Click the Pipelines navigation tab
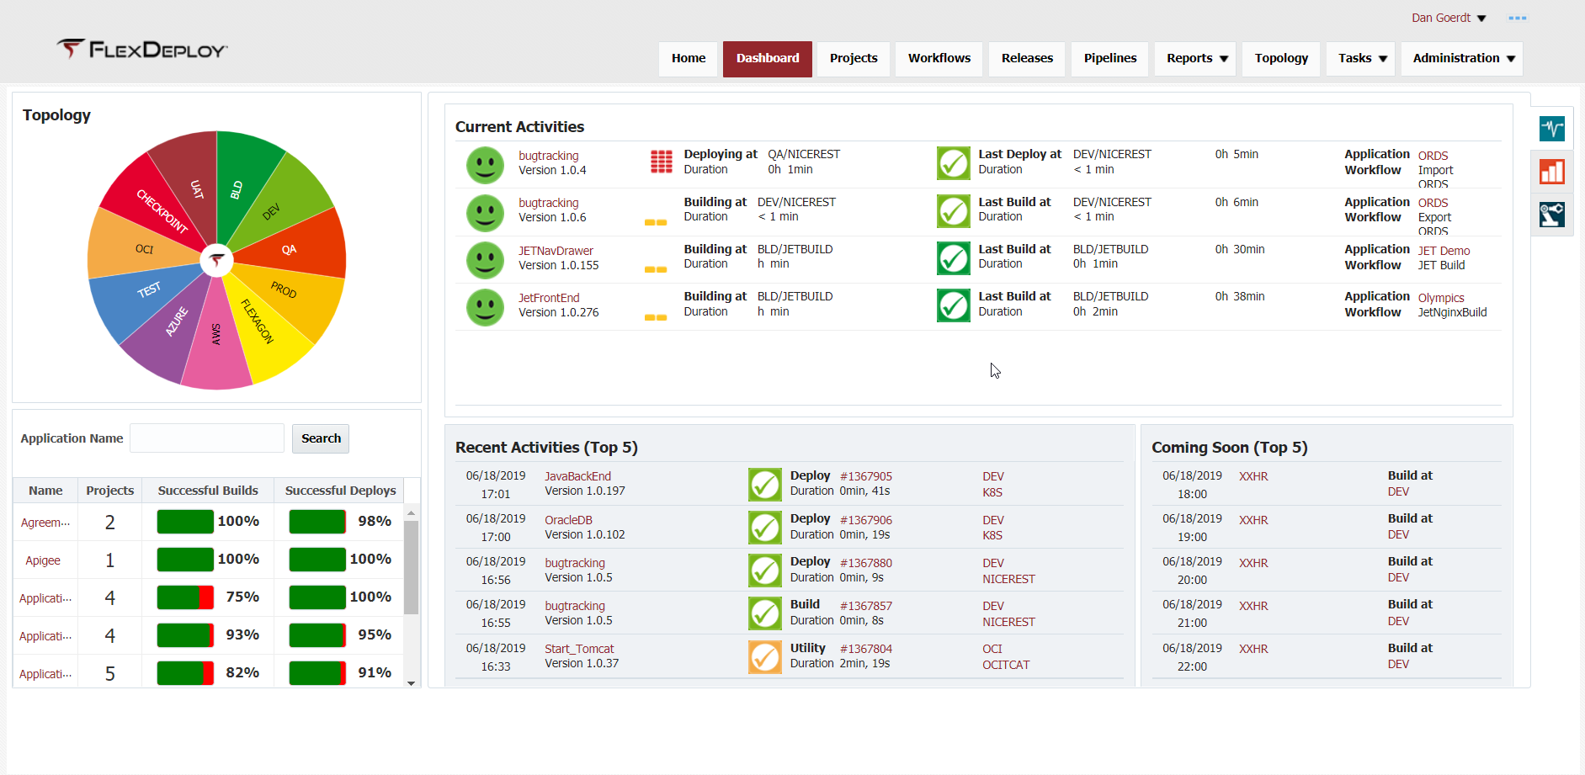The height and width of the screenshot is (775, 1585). (1109, 58)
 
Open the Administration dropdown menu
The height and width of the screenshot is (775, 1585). (1462, 58)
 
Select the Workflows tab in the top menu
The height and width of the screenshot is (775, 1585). (939, 58)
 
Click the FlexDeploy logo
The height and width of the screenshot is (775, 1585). (142, 50)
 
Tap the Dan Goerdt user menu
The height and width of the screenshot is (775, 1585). (1448, 18)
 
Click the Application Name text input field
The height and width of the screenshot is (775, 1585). (207, 438)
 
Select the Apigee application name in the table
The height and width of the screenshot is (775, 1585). (43, 560)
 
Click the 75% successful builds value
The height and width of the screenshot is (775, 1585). (242, 597)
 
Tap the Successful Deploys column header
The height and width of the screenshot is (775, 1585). (340, 491)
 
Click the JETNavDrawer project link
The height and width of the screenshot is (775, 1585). (556, 251)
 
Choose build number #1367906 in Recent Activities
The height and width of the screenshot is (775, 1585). (865, 520)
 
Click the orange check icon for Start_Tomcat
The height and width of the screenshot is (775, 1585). (764, 657)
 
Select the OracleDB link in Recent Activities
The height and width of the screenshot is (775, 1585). (568, 520)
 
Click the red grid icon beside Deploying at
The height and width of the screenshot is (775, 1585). (661, 161)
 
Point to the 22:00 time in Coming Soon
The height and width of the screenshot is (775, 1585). (1192, 666)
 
